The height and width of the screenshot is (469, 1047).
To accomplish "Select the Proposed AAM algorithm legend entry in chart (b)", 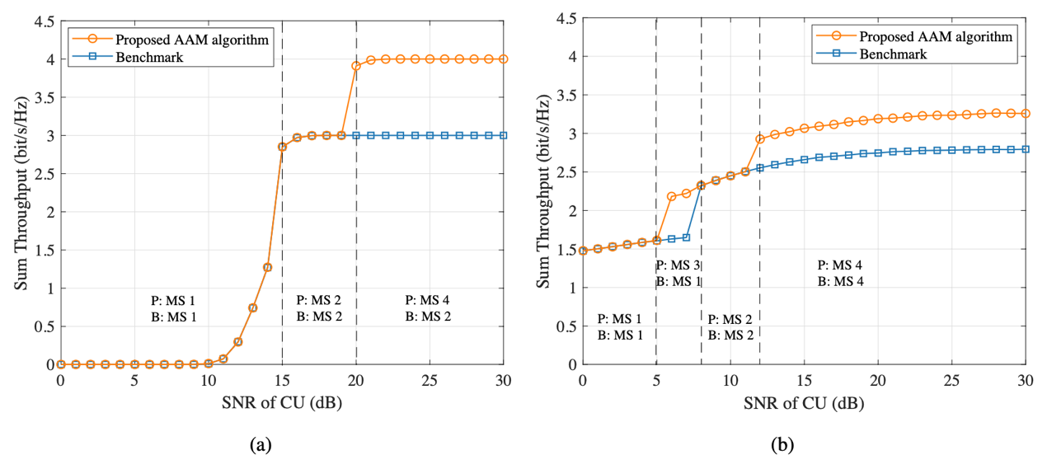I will pyautogui.click(x=935, y=36).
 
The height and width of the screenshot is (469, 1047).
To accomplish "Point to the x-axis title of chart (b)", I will pyautogui.click(x=804, y=406).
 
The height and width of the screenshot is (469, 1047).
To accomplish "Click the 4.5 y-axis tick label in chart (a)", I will pyautogui.click(x=43, y=21).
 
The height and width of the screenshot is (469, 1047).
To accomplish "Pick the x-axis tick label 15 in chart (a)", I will pyautogui.click(x=282, y=382).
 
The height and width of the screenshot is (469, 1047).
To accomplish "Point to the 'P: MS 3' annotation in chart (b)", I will pyautogui.click(x=678, y=265).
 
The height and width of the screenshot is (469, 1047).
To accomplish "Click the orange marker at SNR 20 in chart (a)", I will pyautogui.click(x=356, y=66).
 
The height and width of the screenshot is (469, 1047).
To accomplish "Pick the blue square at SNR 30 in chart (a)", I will pyautogui.click(x=504, y=135).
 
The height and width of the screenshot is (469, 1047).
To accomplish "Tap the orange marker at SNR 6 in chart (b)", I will pyautogui.click(x=671, y=196).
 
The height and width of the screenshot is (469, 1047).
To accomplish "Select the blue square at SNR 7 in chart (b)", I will pyautogui.click(x=686, y=237).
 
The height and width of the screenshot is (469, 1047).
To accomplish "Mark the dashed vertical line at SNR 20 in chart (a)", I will pyautogui.click(x=356, y=206).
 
